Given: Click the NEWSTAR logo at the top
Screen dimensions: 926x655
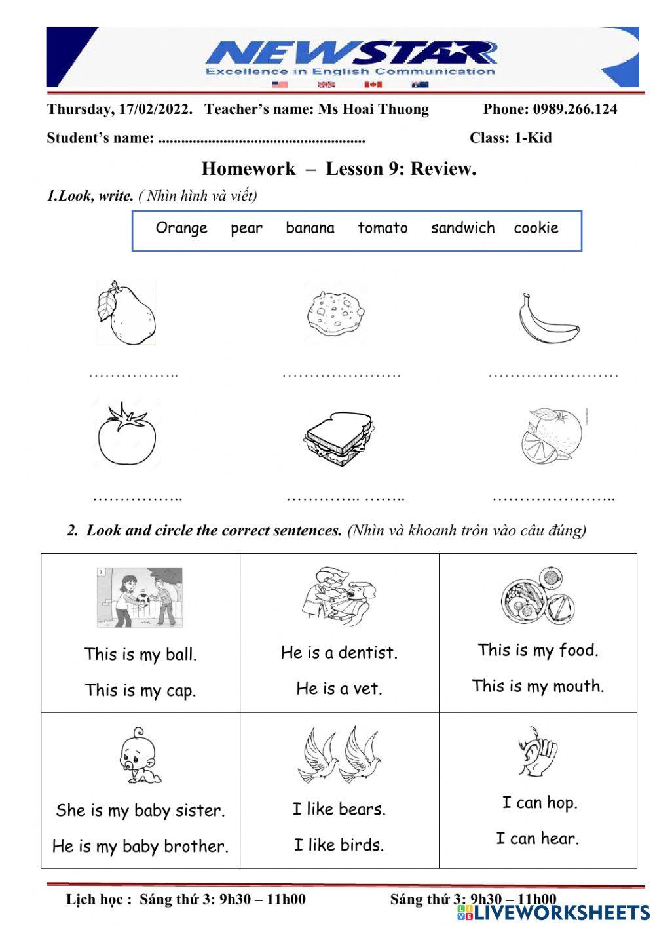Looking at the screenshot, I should (x=350, y=58).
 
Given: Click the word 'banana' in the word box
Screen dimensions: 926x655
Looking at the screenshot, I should (x=310, y=228).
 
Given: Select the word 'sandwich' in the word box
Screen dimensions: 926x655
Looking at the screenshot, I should (x=462, y=228).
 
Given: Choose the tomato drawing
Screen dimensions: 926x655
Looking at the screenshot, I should (x=127, y=434).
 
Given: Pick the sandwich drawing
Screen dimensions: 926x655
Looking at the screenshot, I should (x=339, y=438).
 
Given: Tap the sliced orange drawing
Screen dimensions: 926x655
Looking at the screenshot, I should (x=552, y=435).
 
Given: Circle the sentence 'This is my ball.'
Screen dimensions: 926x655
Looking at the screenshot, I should (x=140, y=654).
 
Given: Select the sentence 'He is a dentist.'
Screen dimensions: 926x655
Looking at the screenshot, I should (x=339, y=653).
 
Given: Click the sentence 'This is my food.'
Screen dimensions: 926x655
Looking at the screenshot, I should (x=538, y=650).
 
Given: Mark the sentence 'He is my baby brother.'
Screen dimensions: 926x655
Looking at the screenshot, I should (x=140, y=846).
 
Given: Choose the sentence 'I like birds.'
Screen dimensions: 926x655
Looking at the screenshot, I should (x=339, y=845).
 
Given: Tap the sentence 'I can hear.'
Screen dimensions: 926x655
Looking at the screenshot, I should (x=537, y=838).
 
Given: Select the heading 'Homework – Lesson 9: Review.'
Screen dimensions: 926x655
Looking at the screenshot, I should (x=339, y=169).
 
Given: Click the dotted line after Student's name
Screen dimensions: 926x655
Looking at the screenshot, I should (x=262, y=139).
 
